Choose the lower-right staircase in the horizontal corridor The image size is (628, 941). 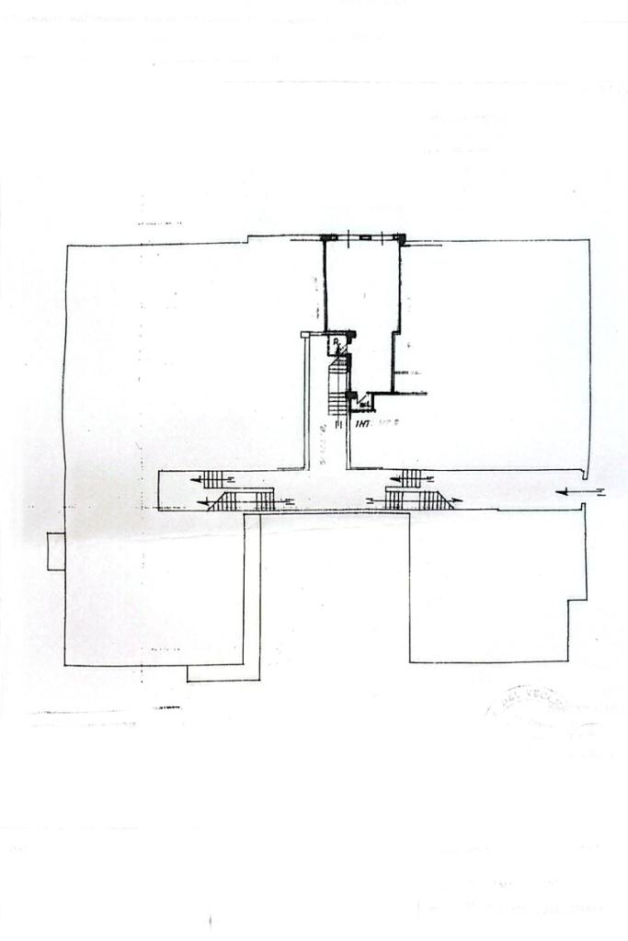tap(417, 499)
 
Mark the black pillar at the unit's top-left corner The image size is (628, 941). tap(324, 238)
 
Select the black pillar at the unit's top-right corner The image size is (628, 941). tap(401, 239)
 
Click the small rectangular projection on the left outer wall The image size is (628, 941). tap(56, 551)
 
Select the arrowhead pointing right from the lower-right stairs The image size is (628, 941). tap(457, 501)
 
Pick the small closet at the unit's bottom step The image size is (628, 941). tap(365, 401)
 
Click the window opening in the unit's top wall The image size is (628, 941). tap(366, 237)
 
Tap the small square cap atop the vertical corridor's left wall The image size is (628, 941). tap(307, 335)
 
